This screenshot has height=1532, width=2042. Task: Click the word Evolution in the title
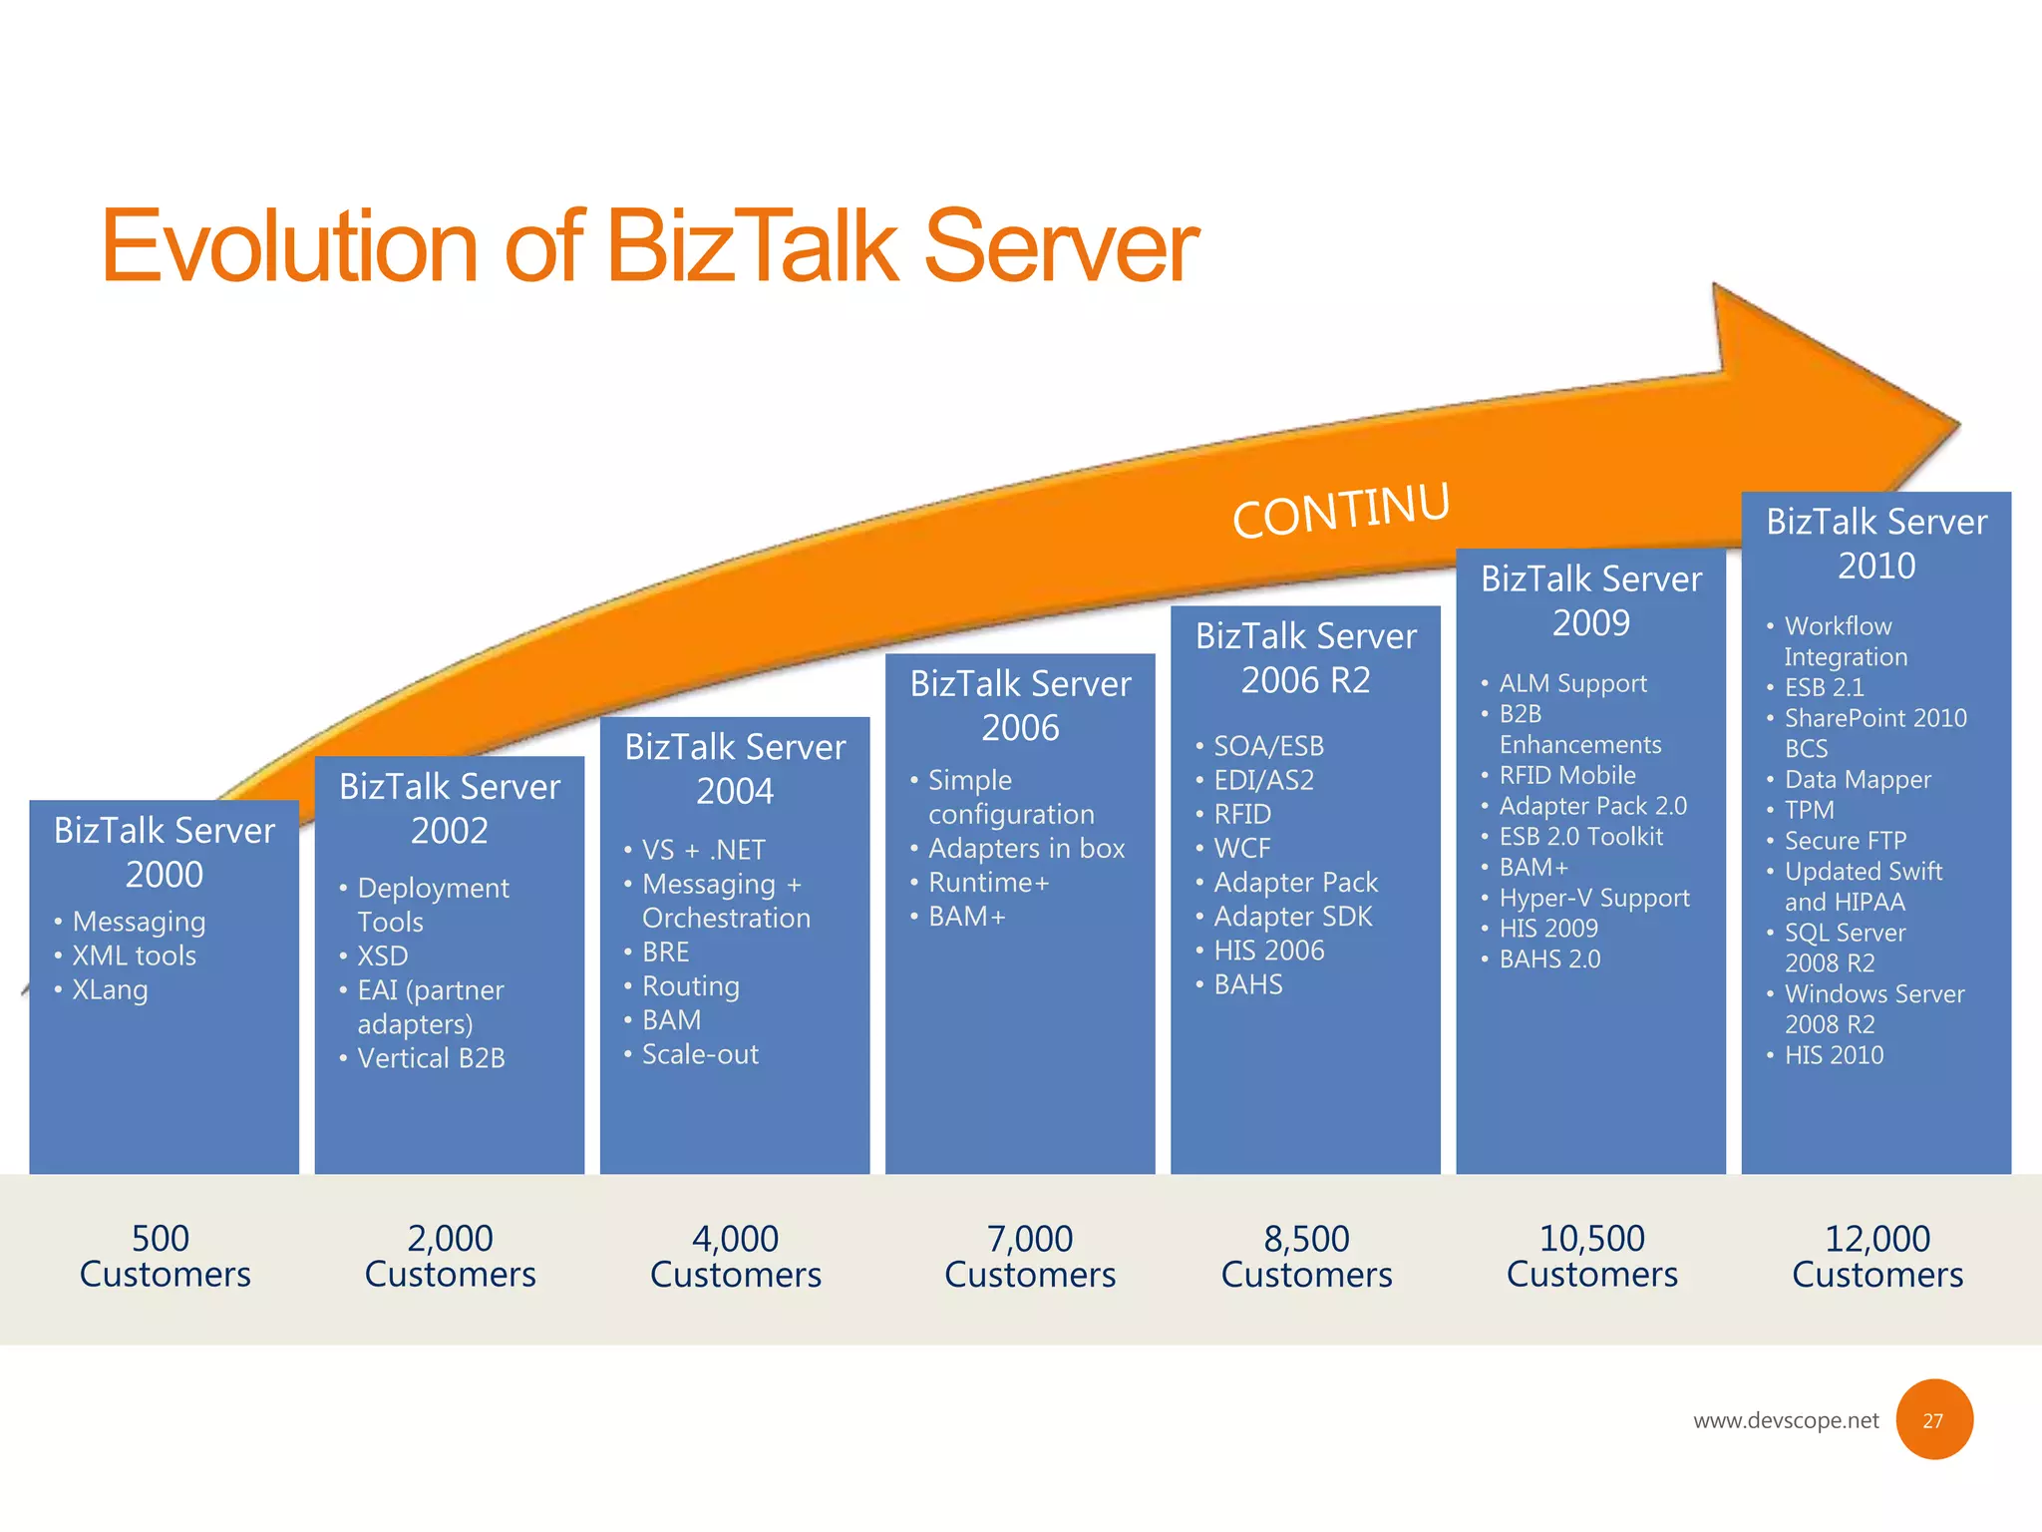pos(289,246)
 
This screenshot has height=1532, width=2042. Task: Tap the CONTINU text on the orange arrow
pos(1340,510)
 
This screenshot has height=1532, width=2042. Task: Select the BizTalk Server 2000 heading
pos(165,852)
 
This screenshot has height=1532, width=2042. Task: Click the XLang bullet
pos(110,989)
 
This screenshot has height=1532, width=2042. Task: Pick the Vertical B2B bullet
pos(431,1057)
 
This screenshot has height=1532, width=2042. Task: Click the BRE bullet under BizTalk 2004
pos(665,952)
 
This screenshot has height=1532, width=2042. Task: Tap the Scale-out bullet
pos(700,1054)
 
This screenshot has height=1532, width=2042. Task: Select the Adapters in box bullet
pos(1026,848)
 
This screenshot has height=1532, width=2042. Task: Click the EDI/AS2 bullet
pos(1263,780)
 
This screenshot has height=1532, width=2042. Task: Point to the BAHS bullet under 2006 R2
pos(1247,984)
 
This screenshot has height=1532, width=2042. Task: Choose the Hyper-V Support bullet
pos(1593,898)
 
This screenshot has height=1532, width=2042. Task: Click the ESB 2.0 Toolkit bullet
pos(1580,837)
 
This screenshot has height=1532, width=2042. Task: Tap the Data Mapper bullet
pos(1857,779)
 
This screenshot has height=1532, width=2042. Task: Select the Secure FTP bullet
pos(1845,841)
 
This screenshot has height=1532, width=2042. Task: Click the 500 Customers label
pos(165,1256)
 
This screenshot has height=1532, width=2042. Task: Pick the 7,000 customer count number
pos(1029,1239)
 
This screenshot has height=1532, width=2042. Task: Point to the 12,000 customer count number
pos(1876,1239)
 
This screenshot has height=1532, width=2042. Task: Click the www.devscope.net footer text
pos(1785,1420)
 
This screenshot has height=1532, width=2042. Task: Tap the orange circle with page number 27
pos(1933,1419)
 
